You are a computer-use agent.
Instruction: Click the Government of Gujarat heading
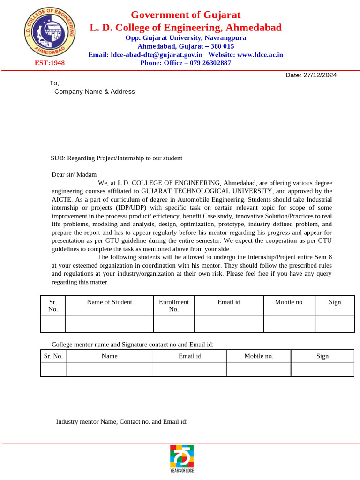click(x=186, y=15)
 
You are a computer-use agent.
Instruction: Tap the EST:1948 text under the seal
click(x=50, y=63)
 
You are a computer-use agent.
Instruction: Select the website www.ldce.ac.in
click(x=260, y=55)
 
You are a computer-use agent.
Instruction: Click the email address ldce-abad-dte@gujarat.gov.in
click(x=152, y=55)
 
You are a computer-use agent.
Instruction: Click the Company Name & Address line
click(x=94, y=91)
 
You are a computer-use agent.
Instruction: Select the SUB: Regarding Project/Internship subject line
click(x=116, y=158)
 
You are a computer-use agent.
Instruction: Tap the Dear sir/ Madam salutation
click(x=74, y=174)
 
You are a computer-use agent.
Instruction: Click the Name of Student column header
click(x=109, y=302)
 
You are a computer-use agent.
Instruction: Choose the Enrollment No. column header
click(x=173, y=306)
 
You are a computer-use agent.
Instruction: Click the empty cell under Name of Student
click(x=109, y=324)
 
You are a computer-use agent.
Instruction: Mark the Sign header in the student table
click(x=334, y=302)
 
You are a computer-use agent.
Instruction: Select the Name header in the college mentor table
click(x=109, y=356)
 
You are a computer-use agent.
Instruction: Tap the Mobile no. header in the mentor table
click(x=258, y=356)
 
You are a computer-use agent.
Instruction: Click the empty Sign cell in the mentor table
click(x=322, y=369)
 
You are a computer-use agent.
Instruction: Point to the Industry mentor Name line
click(x=121, y=421)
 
